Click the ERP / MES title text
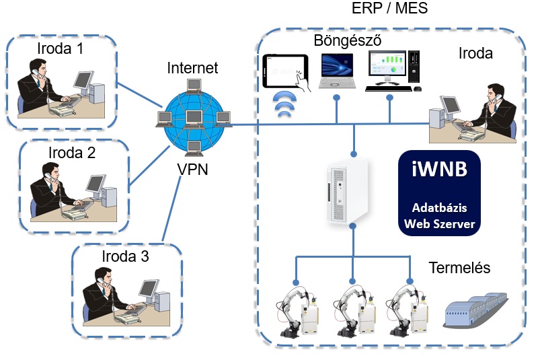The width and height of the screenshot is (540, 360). pyautogui.click(x=390, y=9)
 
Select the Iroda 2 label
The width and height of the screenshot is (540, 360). pyautogui.click(x=72, y=152)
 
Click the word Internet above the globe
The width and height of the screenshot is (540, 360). pyautogui.click(x=192, y=68)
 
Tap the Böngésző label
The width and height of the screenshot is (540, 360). pyautogui.click(x=348, y=41)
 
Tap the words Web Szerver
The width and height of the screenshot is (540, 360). pyautogui.click(x=438, y=225)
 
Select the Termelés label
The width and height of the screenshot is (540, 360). pyautogui.click(x=459, y=268)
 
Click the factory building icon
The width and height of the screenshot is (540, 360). pyautogui.click(x=475, y=311)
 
